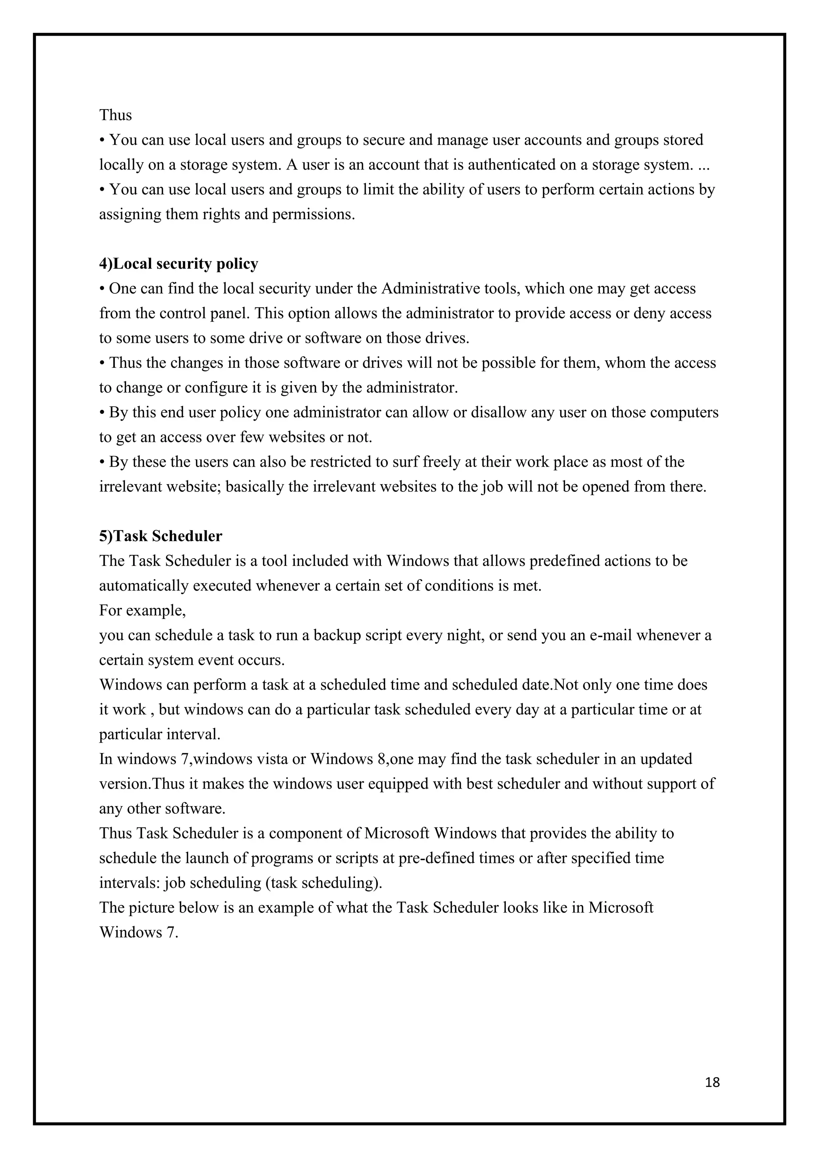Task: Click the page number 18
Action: [x=712, y=1082]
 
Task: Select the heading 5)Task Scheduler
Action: [x=160, y=536]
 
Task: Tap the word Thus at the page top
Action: [x=116, y=115]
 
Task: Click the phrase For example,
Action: [x=143, y=610]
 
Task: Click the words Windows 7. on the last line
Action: [x=139, y=932]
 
